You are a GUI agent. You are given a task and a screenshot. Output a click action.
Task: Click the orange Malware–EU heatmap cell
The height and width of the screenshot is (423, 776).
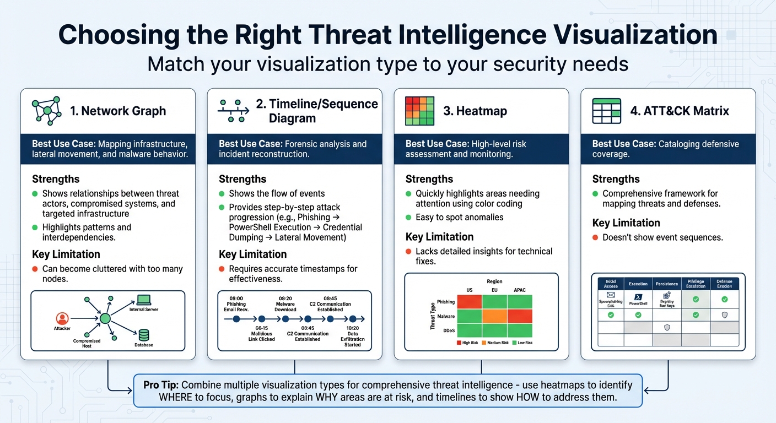(x=494, y=316)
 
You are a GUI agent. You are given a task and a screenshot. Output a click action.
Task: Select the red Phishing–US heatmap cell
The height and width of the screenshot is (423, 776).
(x=469, y=302)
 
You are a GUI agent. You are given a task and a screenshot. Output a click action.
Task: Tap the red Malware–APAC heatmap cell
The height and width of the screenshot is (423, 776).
(x=519, y=316)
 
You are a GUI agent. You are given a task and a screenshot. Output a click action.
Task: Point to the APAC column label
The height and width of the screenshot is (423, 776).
(x=519, y=290)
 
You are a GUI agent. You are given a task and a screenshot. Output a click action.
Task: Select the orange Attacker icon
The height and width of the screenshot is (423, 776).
(x=62, y=318)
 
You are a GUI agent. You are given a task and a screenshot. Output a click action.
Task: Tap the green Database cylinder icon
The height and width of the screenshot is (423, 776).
(x=144, y=334)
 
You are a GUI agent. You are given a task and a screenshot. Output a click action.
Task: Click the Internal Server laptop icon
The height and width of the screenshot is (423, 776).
(x=144, y=300)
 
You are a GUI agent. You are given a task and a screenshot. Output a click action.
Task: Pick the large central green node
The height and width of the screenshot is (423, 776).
(x=105, y=318)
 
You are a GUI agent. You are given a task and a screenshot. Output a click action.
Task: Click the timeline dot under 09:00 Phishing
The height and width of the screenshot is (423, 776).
(x=236, y=319)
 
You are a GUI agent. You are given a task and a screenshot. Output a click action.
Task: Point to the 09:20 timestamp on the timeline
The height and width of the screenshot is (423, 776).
(x=285, y=298)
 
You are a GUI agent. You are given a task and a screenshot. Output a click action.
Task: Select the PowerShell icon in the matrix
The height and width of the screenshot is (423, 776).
(x=638, y=296)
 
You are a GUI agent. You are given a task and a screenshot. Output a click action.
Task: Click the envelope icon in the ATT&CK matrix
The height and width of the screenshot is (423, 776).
(x=610, y=295)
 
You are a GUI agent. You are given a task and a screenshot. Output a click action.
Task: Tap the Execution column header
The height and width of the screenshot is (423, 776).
(x=638, y=284)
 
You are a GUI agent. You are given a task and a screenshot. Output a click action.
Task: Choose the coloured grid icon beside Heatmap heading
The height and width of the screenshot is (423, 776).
(x=419, y=111)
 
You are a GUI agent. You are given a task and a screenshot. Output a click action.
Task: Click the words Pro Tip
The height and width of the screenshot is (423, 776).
(x=160, y=385)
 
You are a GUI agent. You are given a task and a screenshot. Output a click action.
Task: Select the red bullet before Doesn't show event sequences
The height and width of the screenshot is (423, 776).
(x=595, y=238)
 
